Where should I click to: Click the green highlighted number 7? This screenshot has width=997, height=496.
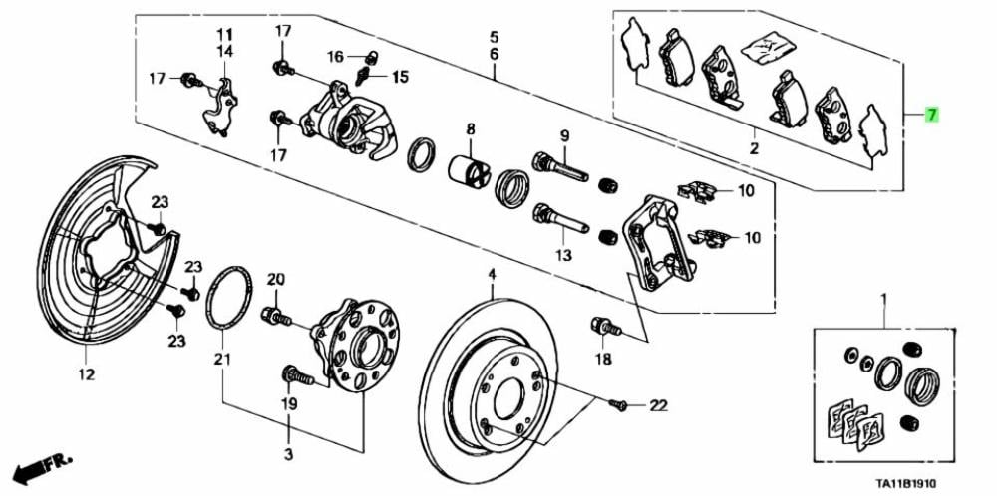pyautogui.click(x=931, y=116)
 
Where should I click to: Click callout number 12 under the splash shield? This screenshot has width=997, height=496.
pyautogui.click(x=85, y=374)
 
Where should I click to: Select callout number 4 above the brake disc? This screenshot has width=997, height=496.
pyautogui.click(x=491, y=274)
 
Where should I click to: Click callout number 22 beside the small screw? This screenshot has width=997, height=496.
pyautogui.click(x=657, y=405)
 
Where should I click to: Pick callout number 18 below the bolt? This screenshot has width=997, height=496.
pyautogui.click(x=604, y=359)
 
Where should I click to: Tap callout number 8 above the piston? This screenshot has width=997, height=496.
pyautogui.click(x=470, y=129)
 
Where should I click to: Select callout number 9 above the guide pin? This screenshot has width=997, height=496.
pyautogui.click(x=563, y=136)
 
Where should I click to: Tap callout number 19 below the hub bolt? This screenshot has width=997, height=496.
pyautogui.click(x=289, y=405)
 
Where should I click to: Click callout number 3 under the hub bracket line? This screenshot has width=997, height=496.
pyautogui.click(x=289, y=454)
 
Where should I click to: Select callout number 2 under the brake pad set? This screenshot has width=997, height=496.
pyautogui.click(x=754, y=149)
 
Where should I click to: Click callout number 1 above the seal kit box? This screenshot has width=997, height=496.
pyautogui.click(x=882, y=299)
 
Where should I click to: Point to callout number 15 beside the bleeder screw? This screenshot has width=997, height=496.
pyautogui.click(x=400, y=77)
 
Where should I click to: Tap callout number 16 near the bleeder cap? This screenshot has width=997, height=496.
pyautogui.click(x=335, y=56)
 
